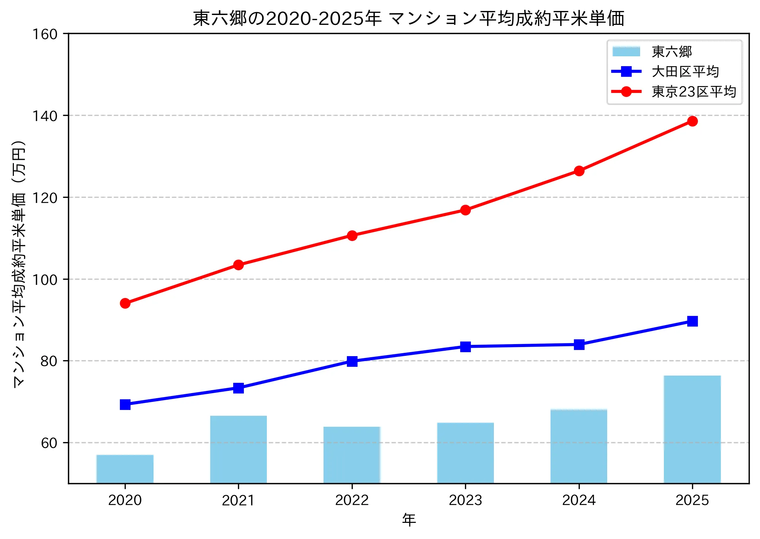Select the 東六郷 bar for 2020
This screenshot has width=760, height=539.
point(125,469)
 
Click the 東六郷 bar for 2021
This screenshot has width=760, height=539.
point(238,449)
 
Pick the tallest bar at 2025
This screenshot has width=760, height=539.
point(692,429)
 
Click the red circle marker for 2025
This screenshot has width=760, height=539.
point(692,121)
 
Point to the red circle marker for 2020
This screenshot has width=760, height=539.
point(125,303)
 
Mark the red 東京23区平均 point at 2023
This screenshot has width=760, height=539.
point(465,210)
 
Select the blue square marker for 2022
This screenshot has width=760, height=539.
point(352,361)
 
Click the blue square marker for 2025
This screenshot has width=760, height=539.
point(692,321)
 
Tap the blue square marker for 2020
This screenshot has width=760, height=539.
point(125,404)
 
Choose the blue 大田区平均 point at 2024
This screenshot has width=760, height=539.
point(579,344)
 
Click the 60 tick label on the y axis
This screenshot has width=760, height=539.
point(49,443)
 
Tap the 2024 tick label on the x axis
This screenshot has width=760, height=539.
point(579,500)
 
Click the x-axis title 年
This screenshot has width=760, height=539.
point(409,520)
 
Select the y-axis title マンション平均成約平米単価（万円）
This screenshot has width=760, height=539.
point(19,263)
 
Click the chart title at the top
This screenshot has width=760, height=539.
point(408,18)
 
